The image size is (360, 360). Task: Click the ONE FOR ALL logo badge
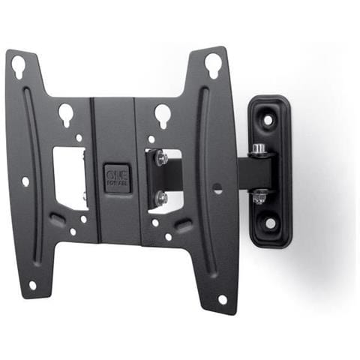tap(117, 178)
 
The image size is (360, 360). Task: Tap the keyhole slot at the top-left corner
tap(18, 67)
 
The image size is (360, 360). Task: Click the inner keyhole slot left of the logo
tap(66, 114)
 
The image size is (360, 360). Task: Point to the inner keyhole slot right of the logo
tap(163, 114)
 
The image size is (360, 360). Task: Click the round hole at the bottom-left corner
tap(32, 285)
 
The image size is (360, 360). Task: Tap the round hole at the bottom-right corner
tap(222, 299)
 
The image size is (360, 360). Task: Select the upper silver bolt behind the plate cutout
tap(160, 159)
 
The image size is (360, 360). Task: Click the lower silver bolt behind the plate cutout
tap(160, 197)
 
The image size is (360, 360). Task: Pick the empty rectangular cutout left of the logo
tap(70, 177)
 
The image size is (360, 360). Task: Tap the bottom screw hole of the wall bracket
tap(270, 223)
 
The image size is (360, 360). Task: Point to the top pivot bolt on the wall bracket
tap(259, 149)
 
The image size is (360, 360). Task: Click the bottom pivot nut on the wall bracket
tap(259, 197)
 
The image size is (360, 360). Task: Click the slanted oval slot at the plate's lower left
tap(57, 219)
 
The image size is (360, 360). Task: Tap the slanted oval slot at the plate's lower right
tap(182, 224)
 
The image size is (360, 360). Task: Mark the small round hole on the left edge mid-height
tap(25, 181)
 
